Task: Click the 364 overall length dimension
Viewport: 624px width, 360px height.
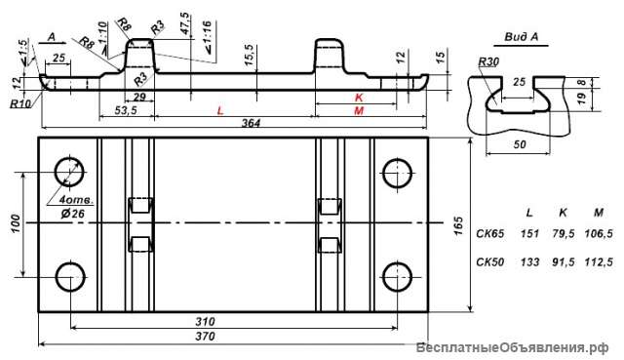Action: click(x=251, y=123)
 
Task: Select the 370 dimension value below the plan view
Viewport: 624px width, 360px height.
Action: click(x=205, y=337)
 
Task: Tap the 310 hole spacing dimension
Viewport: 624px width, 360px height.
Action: click(x=205, y=321)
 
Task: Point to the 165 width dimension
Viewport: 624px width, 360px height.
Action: click(x=459, y=225)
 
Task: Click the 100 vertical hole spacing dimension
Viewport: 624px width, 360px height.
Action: click(x=16, y=223)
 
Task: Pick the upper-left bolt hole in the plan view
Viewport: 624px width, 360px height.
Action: click(x=70, y=173)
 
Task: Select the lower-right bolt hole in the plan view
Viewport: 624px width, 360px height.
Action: click(x=397, y=277)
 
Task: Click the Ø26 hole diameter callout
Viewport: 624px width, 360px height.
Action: click(x=73, y=214)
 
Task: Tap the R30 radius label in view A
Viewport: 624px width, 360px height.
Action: click(x=488, y=62)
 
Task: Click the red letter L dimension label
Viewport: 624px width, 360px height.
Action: click(x=220, y=110)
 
